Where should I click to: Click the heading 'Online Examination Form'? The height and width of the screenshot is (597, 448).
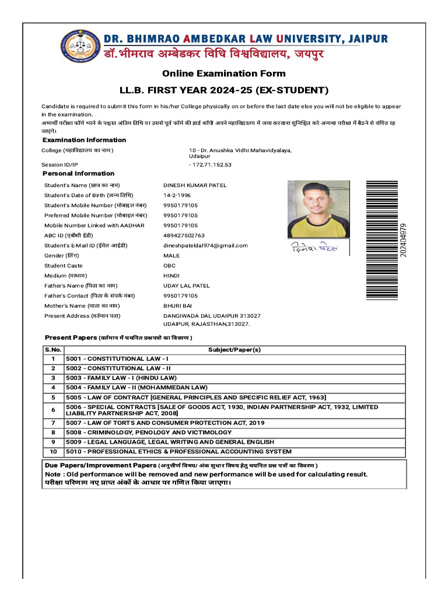point(223,73)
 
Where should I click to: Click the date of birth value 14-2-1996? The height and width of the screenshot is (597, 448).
point(177,195)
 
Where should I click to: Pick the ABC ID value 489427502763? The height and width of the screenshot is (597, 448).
point(184,236)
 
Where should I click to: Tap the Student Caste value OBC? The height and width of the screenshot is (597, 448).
point(169,266)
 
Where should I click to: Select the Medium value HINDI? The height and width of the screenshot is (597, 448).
point(171,276)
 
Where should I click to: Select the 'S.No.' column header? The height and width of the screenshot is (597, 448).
point(53,349)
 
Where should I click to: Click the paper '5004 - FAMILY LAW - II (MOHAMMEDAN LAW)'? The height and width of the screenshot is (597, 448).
point(137,387)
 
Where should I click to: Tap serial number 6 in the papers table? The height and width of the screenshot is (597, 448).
point(53,410)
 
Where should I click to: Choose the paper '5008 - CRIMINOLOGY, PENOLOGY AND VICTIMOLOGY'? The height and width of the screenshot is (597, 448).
point(149,433)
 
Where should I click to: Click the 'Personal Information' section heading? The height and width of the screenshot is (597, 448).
point(79,174)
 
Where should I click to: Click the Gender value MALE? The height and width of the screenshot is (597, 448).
point(171,255)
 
